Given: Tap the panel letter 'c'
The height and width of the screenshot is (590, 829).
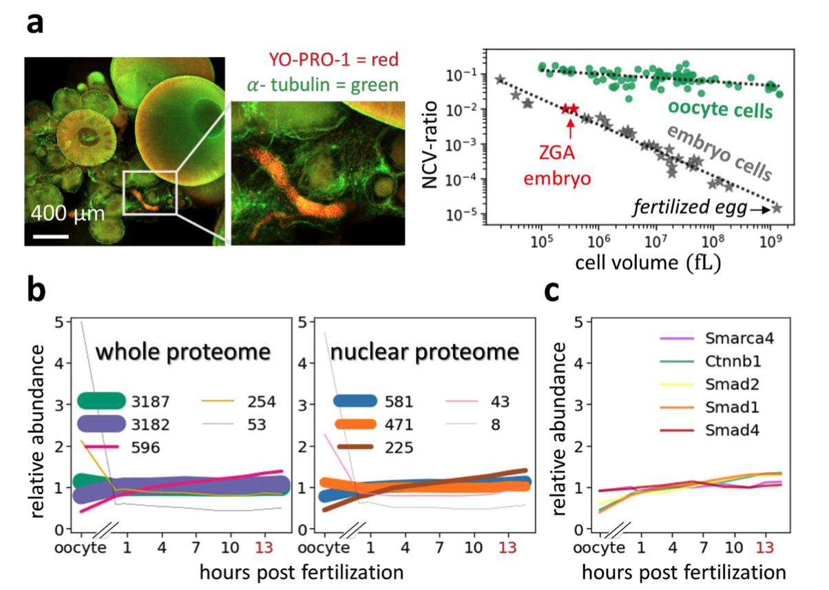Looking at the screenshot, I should pyautogui.click(x=553, y=292).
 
